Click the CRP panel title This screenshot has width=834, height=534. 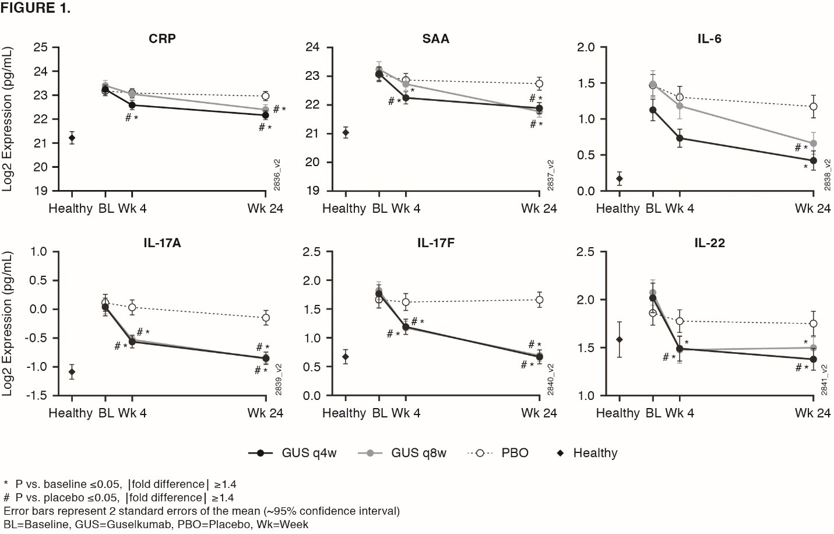point(162,39)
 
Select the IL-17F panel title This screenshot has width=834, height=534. point(435,243)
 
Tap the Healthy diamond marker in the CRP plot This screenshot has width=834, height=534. point(72,138)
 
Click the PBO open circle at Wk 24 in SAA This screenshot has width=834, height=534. point(539,84)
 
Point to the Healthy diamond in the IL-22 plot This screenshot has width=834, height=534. point(619,339)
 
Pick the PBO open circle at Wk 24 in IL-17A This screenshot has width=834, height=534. point(266,318)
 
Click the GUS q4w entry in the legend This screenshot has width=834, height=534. point(293,453)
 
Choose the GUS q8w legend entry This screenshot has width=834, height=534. point(402,453)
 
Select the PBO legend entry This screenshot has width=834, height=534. point(499,453)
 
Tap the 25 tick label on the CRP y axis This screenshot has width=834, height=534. point(40,47)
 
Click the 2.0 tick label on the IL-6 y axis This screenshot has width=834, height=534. point(586,47)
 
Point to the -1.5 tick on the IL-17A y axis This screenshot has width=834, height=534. point(37,396)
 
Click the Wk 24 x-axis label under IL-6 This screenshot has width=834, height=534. point(812,209)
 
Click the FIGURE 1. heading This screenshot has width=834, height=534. point(36,8)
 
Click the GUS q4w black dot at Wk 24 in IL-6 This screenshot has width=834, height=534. point(814,161)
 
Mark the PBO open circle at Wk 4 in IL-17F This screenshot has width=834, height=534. point(406,302)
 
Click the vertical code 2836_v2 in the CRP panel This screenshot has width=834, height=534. point(277,175)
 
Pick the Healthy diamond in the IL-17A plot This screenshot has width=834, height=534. point(72,372)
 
